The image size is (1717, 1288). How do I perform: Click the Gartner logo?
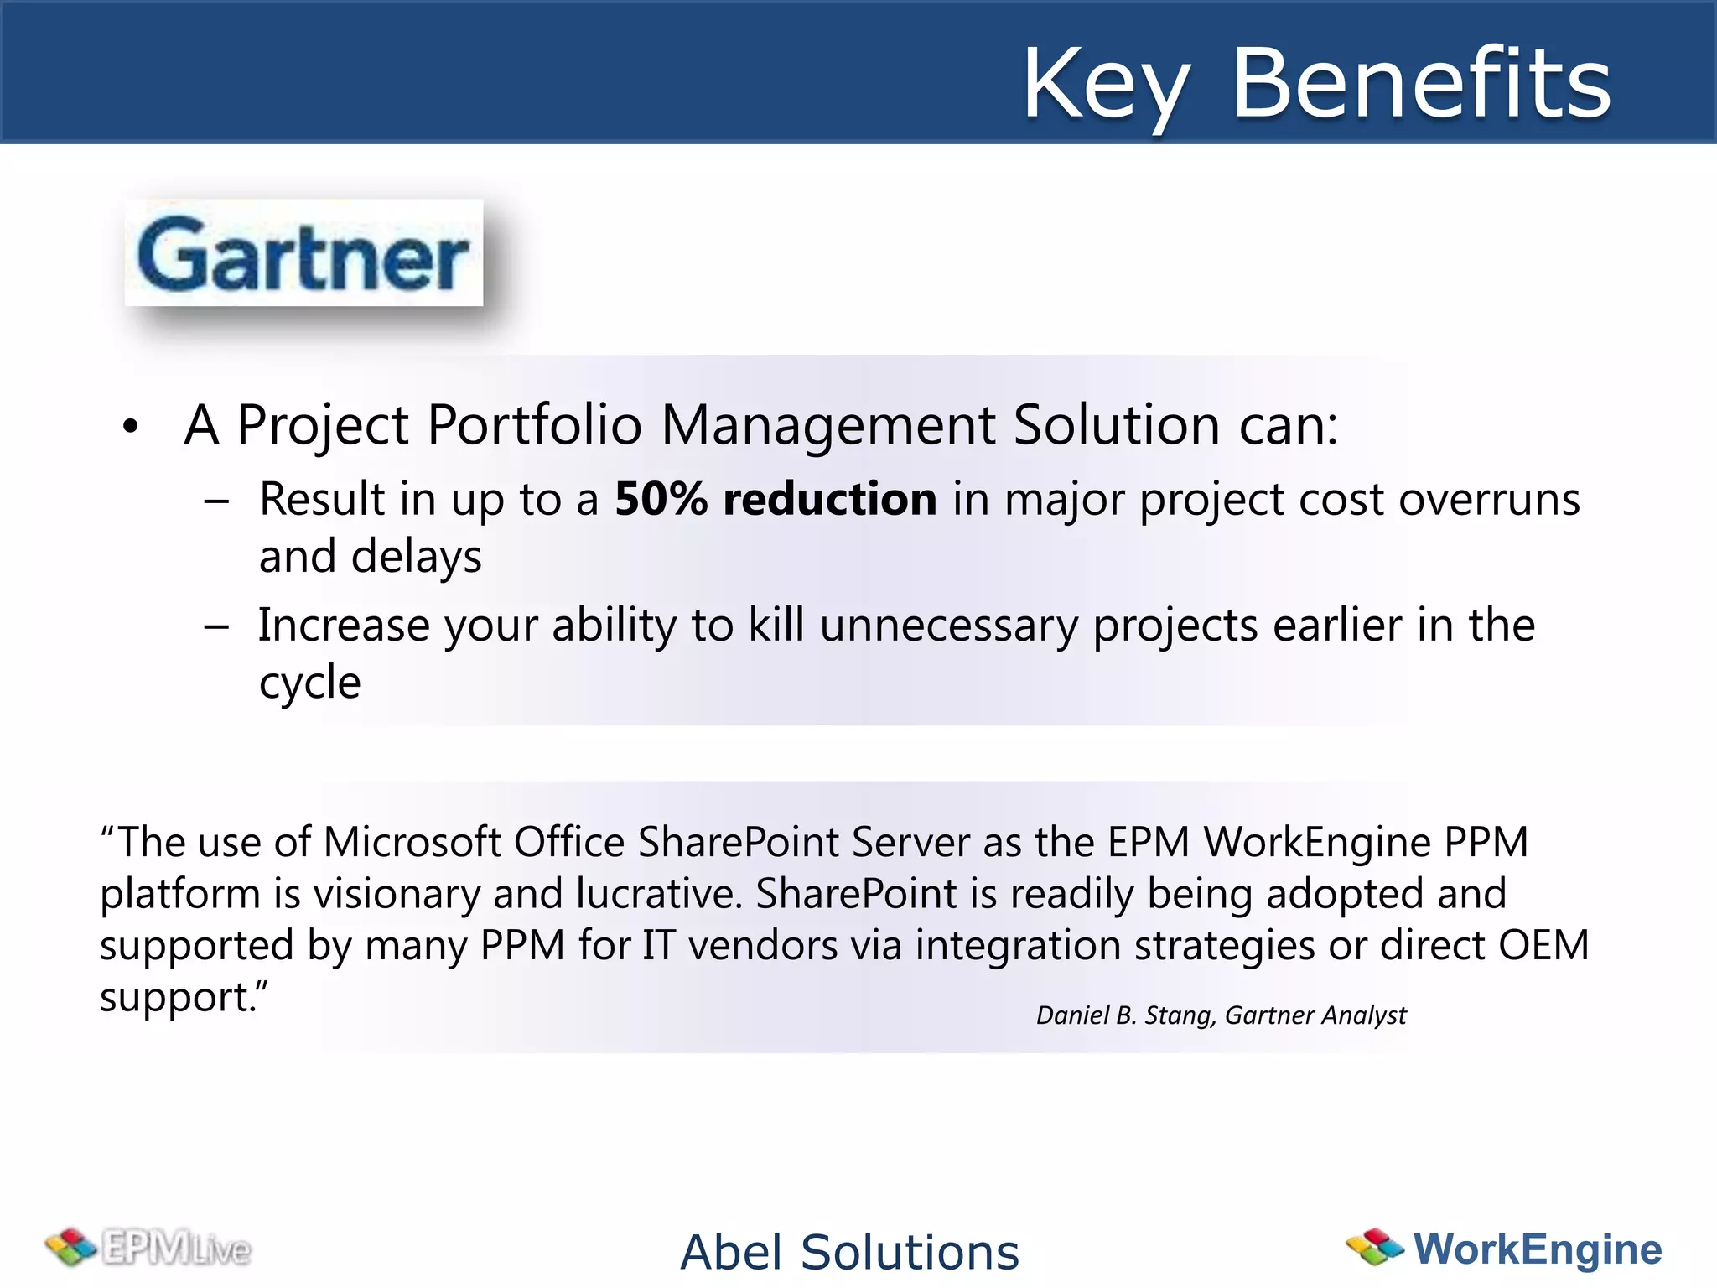coord(303,253)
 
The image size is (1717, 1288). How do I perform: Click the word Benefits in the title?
coord(1421,83)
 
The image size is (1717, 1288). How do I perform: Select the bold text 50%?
coord(661,499)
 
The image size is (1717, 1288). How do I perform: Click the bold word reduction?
coord(830,499)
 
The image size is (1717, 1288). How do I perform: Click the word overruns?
coord(1489,500)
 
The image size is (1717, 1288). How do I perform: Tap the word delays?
coord(416,557)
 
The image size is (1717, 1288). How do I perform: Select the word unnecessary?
coord(948,626)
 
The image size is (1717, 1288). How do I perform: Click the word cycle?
coord(309,683)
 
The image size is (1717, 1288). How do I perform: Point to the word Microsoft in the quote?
coord(412,842)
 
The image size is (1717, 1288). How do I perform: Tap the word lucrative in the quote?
coord(659,894)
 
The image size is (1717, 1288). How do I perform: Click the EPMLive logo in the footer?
coord(149,1248)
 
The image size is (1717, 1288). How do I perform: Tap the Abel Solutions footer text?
coord(849,1252)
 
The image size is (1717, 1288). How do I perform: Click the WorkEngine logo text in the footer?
coord(1537,1249)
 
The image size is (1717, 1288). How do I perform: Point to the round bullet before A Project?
coord(130,427)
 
